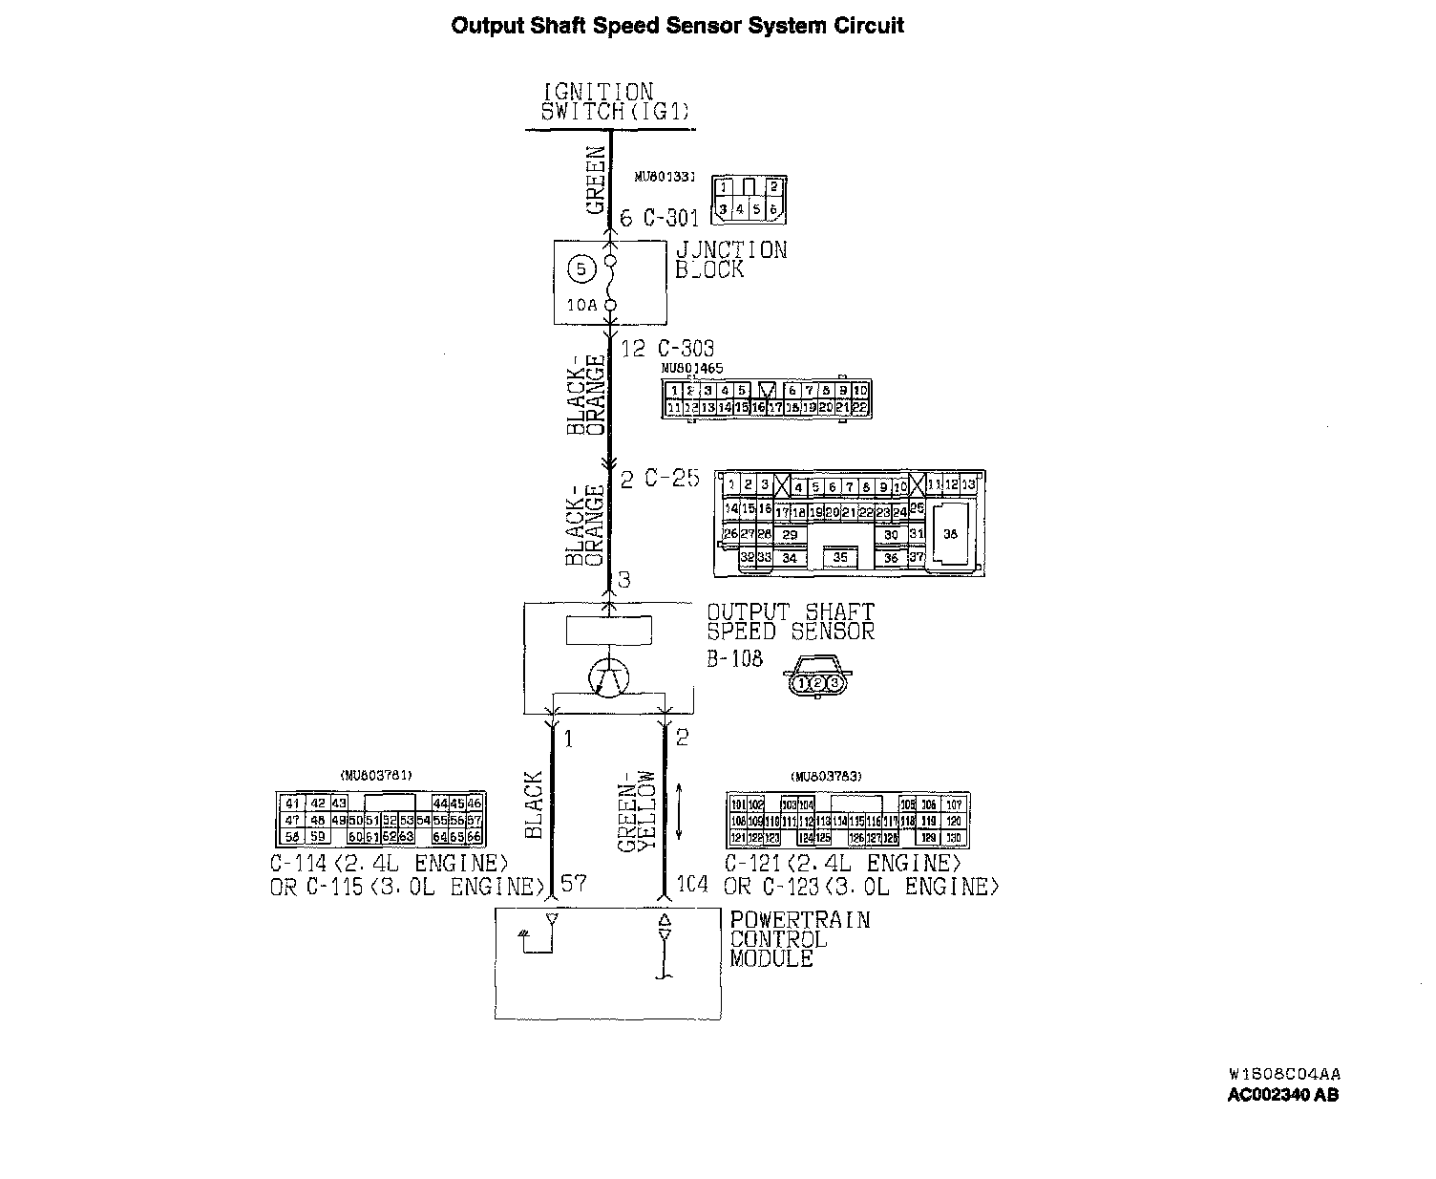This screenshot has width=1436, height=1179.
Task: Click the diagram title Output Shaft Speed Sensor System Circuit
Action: (x=677, y=26)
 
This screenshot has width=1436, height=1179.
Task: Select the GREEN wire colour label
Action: (x=596, y=180)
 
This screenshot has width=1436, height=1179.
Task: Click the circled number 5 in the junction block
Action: (x=581, y=269)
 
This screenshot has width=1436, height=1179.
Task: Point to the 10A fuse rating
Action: (x=581, y=306)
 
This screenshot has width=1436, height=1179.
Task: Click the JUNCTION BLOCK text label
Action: (x=730, y=260)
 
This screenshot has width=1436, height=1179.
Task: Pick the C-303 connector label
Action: (x=684, y=349)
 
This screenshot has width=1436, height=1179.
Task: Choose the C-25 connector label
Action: (x=671, y=479)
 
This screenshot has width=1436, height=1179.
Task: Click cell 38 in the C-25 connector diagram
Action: (x=949, y=535)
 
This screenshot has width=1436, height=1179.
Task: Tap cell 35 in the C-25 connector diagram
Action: (x=840, y=557)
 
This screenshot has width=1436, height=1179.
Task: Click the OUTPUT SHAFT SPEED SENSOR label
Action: (x=790, y=622)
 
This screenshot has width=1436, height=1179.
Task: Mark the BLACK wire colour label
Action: (x=534, y=804)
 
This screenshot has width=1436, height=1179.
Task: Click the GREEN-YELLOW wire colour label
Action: (x=636, y=811)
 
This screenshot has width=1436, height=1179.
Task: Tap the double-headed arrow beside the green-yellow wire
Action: (x=678, y=811)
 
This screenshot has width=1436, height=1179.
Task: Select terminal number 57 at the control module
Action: (x=573, y=884)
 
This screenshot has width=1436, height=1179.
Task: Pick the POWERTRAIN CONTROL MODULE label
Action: (x=799, y=939)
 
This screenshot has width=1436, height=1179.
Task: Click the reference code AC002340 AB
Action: (x=1282, y=1096)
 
